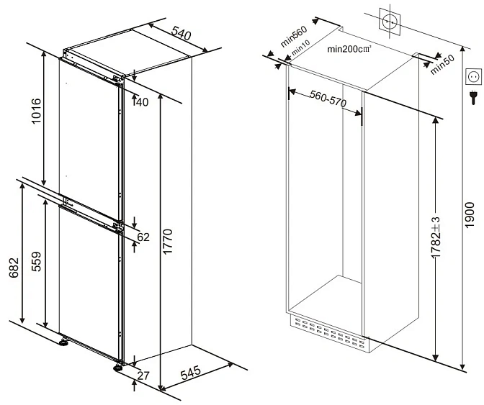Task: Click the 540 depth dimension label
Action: click(181, 33)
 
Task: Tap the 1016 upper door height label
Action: click(36, 111)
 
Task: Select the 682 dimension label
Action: click(14, 268)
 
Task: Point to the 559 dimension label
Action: click(36, 261)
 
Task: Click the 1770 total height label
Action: click(167, 242)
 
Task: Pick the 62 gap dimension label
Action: click(143, 237)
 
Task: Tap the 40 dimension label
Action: click(142, 101)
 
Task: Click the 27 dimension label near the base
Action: click(143, 376)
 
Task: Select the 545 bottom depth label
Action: click(191, 373)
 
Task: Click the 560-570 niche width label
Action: click(328, 99)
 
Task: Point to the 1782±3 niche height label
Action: click(436, 237)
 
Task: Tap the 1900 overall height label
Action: click(469, 215)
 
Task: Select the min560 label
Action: click(294, 36)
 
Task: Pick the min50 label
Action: click(443, 65)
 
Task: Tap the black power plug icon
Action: click(473, 97)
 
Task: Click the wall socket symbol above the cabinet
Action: click(390, 22)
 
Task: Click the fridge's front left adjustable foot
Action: click(64, 342)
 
